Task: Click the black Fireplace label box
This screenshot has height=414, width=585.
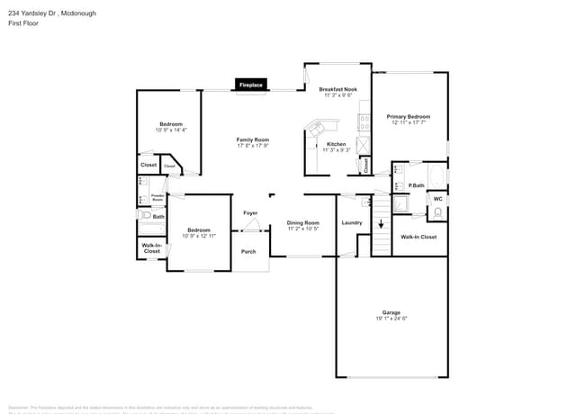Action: point(251,85)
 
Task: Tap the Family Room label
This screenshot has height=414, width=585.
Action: point(253,139)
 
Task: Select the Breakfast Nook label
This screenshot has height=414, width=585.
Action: point(338,89)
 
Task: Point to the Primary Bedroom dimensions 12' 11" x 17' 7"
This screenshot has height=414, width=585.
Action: point(409,122)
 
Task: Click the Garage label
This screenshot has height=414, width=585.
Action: point(391,312)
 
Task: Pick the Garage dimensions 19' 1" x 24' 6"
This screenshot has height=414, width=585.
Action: point(391,319)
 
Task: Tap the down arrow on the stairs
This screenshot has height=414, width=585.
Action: point(381,225)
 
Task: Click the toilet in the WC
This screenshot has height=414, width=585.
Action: point(437,213)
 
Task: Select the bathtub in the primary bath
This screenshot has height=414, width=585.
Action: point(436,175)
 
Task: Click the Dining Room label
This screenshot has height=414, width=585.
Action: point(303,222)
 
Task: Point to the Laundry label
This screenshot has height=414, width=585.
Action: point(352,222)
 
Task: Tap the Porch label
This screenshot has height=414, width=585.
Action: point(248,251)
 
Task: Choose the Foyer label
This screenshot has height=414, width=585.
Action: point(251,212)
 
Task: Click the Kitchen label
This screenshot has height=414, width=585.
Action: point(336,144)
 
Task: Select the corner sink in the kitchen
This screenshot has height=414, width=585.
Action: point(317,129)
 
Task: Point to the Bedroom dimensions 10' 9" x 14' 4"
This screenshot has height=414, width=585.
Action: point(171,130)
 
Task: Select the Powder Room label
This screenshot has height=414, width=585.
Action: point(157,195)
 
